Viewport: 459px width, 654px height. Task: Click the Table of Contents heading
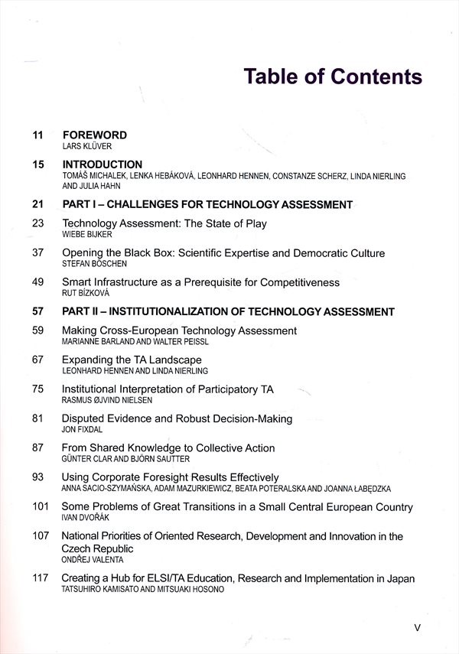pos(332,77)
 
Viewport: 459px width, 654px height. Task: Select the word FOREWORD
pos(94,135)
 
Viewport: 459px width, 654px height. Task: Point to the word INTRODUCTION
pos(102,164)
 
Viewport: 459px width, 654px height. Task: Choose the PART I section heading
pos(207,204)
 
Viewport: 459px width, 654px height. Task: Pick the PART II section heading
pos(227,312)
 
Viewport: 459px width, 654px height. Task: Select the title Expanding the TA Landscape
pos(131,360)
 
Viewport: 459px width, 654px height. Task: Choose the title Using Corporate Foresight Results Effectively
pos(170,477)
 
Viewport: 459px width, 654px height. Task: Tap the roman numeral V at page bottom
pos(417,626)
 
